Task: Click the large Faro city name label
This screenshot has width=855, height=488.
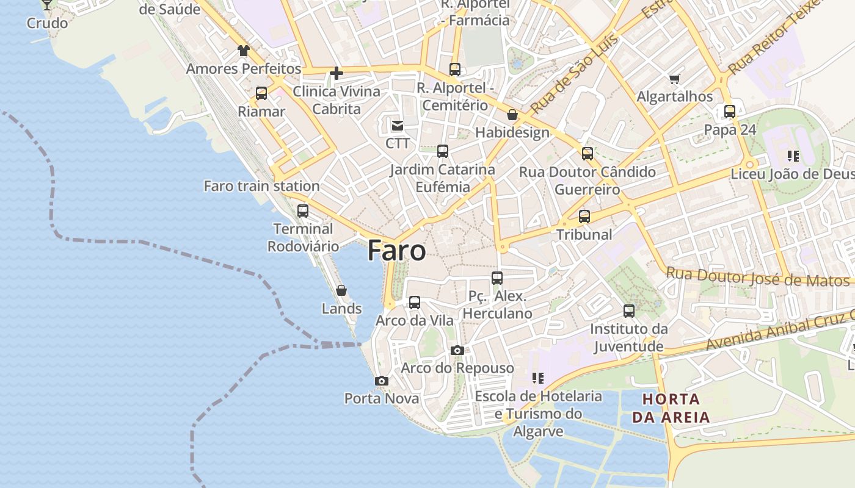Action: pyautogui.click(x=396, y=251)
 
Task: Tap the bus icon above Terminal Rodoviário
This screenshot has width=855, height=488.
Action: pyautogui.click(x=302, y=211)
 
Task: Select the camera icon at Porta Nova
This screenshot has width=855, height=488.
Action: pyautogui.click(x=382, y=381)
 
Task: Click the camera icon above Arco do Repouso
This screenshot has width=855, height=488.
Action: pyautogui.click(x=457, y=350)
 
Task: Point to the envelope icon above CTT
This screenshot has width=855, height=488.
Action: pyautogui.click(x=397, y=126)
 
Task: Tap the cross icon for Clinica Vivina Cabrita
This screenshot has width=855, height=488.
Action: pyautogui.click(x=336, y=74)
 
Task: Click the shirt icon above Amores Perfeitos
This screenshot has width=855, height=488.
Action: pyautogui.click(x=244, y=51)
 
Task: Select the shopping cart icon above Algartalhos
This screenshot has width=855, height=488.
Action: pyautogui.click(x=674, y=79)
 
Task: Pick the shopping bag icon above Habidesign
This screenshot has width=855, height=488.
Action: pyautogui.click(x=512, y=115)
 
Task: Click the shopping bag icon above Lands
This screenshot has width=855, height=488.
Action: pyautogui.click(x=341, y=290)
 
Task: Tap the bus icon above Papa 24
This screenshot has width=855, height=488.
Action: pyautogui.click(x=730, y=112)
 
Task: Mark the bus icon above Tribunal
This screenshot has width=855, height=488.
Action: pyautogui.click(x=584, y=217)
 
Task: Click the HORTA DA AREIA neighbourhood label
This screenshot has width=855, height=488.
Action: pyautogui.click(x=671, y=408)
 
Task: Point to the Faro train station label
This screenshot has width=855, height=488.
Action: pyautogui.click(x=261, y=186)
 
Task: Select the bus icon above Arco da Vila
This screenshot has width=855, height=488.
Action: pyautogui.click(x=415, y=302)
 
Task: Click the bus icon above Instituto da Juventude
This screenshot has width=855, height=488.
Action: pyautogui.click(x=629, y=311)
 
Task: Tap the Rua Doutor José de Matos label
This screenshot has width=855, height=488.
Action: pyautogui.click(x=757, y=278)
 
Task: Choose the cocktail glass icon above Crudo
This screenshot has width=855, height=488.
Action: pyautogui.click(x=47, y=5)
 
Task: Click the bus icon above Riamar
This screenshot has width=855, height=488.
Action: pyautogui.click(x=261, y=93)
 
